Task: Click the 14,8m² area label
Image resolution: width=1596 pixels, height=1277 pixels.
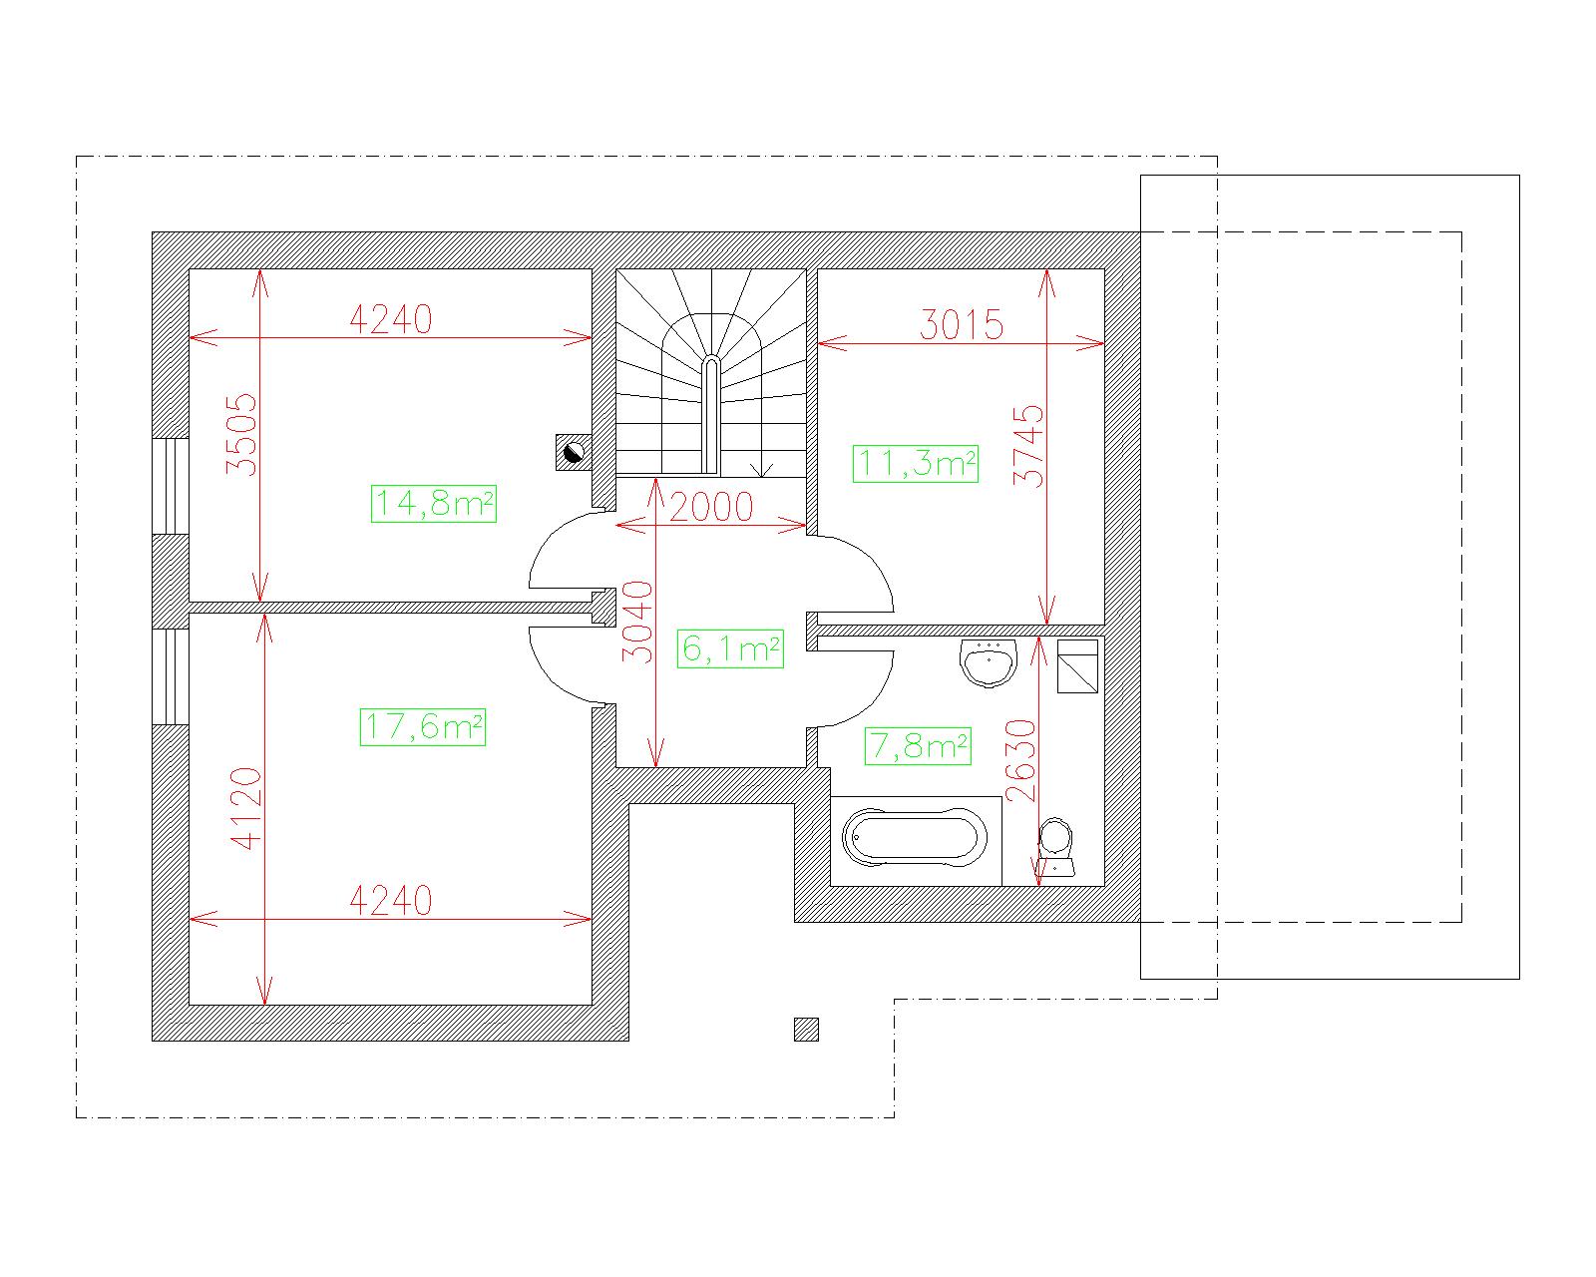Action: pyautogui.click(x=434, y=504)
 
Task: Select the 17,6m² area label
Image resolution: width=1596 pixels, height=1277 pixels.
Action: pyautogui.click(x=423, y=726)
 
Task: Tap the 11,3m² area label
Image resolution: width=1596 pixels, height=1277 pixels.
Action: pyautogui.click(x=915, y=463)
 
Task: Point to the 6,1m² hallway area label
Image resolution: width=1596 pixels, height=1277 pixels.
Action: pyautogui.click(x=730, y=648)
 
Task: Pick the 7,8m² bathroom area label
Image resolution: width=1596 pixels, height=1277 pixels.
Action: pyautogui.click(x=918, y=745)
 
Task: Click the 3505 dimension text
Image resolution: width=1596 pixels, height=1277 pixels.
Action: pyautogui.click(x=241, y=435)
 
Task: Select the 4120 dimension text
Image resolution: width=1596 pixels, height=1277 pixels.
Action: pyautogui.click(x=246, y=808)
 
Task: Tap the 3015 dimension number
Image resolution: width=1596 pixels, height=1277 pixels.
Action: pyautogui.click(x=962, y=324)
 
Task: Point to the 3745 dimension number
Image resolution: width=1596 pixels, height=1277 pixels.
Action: pyautogui.click(x=1028, y=445)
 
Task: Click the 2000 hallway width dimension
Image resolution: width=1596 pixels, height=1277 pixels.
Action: pyautogui.click(x=711, y=507)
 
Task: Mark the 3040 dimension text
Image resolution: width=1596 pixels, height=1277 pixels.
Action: pyautogui.click(x=637, y=622)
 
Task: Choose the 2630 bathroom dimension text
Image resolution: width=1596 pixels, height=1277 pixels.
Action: pyautogui.click(x=1020, y=760)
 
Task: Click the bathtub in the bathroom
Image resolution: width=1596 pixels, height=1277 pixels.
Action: pyautogui.click(x=915, y=838)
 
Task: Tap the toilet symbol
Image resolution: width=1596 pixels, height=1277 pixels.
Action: pyautogui.click(x=1056, y=847)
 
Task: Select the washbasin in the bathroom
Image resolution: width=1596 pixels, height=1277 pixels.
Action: pyautogui.click(x=989, y=662)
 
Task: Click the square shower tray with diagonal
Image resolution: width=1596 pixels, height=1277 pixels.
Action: pyautogui.click(x=1077, y=665)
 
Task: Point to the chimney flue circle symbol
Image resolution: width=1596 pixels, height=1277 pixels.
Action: pyautogui.click(x=574, y=452)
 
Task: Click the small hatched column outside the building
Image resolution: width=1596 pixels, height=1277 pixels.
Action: pyautogui.click(x=806, y=1030)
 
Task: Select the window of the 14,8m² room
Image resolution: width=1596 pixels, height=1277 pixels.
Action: pyautogui.click(x=171, y=486)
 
